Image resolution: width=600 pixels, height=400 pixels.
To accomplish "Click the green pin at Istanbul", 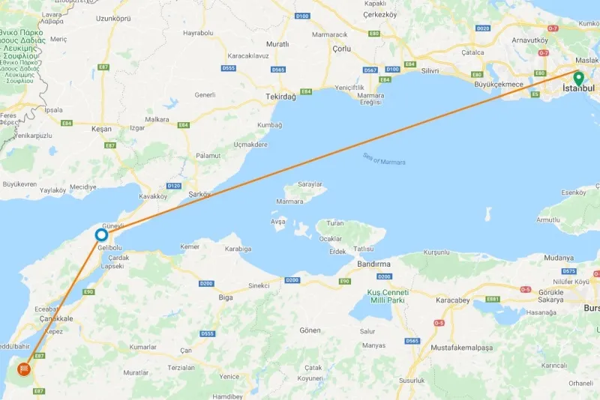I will click(x=577, y=77).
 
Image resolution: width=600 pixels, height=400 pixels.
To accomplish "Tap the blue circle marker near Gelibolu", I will click(x=101, y=235).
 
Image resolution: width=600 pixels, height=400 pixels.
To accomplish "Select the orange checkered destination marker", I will click(x=24, y=370).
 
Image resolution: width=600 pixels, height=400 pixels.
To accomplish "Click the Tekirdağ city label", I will click(x=281, y=97).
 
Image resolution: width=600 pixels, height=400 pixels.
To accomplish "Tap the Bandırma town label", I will click(x=374, y=264).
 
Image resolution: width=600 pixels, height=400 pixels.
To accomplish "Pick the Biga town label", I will click(x=226, y=297).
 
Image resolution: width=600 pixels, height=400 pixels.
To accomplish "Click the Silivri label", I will click(x=430, y=70).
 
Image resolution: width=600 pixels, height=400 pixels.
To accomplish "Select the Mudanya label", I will click(x=559, y=258).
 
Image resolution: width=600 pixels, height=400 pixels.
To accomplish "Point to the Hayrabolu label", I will click(x=198, y=33).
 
